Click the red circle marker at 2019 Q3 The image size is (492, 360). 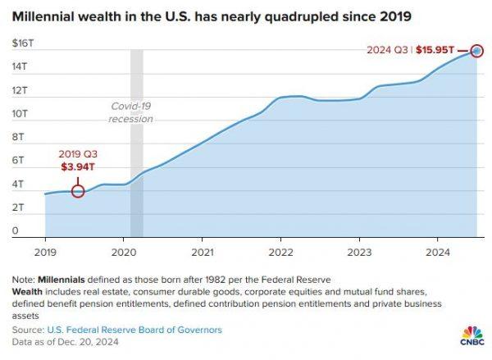[78, 191]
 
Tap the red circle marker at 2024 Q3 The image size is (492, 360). [477, 51]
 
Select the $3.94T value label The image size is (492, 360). [77, 167]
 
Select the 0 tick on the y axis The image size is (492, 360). [15, 231]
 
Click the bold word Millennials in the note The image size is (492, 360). [64, 279]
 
